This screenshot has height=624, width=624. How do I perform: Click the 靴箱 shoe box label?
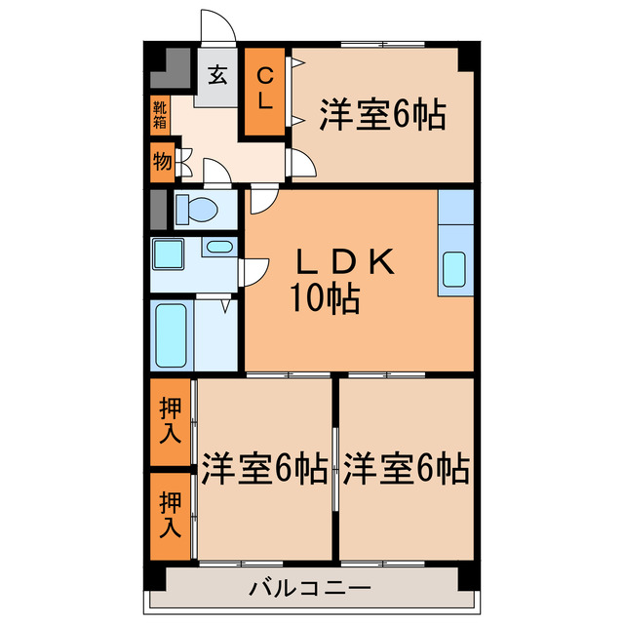pyautogui.click(x=159, y=117)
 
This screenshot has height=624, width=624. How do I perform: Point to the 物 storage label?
pyautogui.click(x=162, y=161)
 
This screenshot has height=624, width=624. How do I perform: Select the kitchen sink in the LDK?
pyautogui.click(x=454, y=269)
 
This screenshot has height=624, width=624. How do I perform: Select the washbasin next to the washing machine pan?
pyautogui.click(x=219, y=248)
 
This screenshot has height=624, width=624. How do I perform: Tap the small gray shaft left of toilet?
pyautogui.click(x=157, y=208)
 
